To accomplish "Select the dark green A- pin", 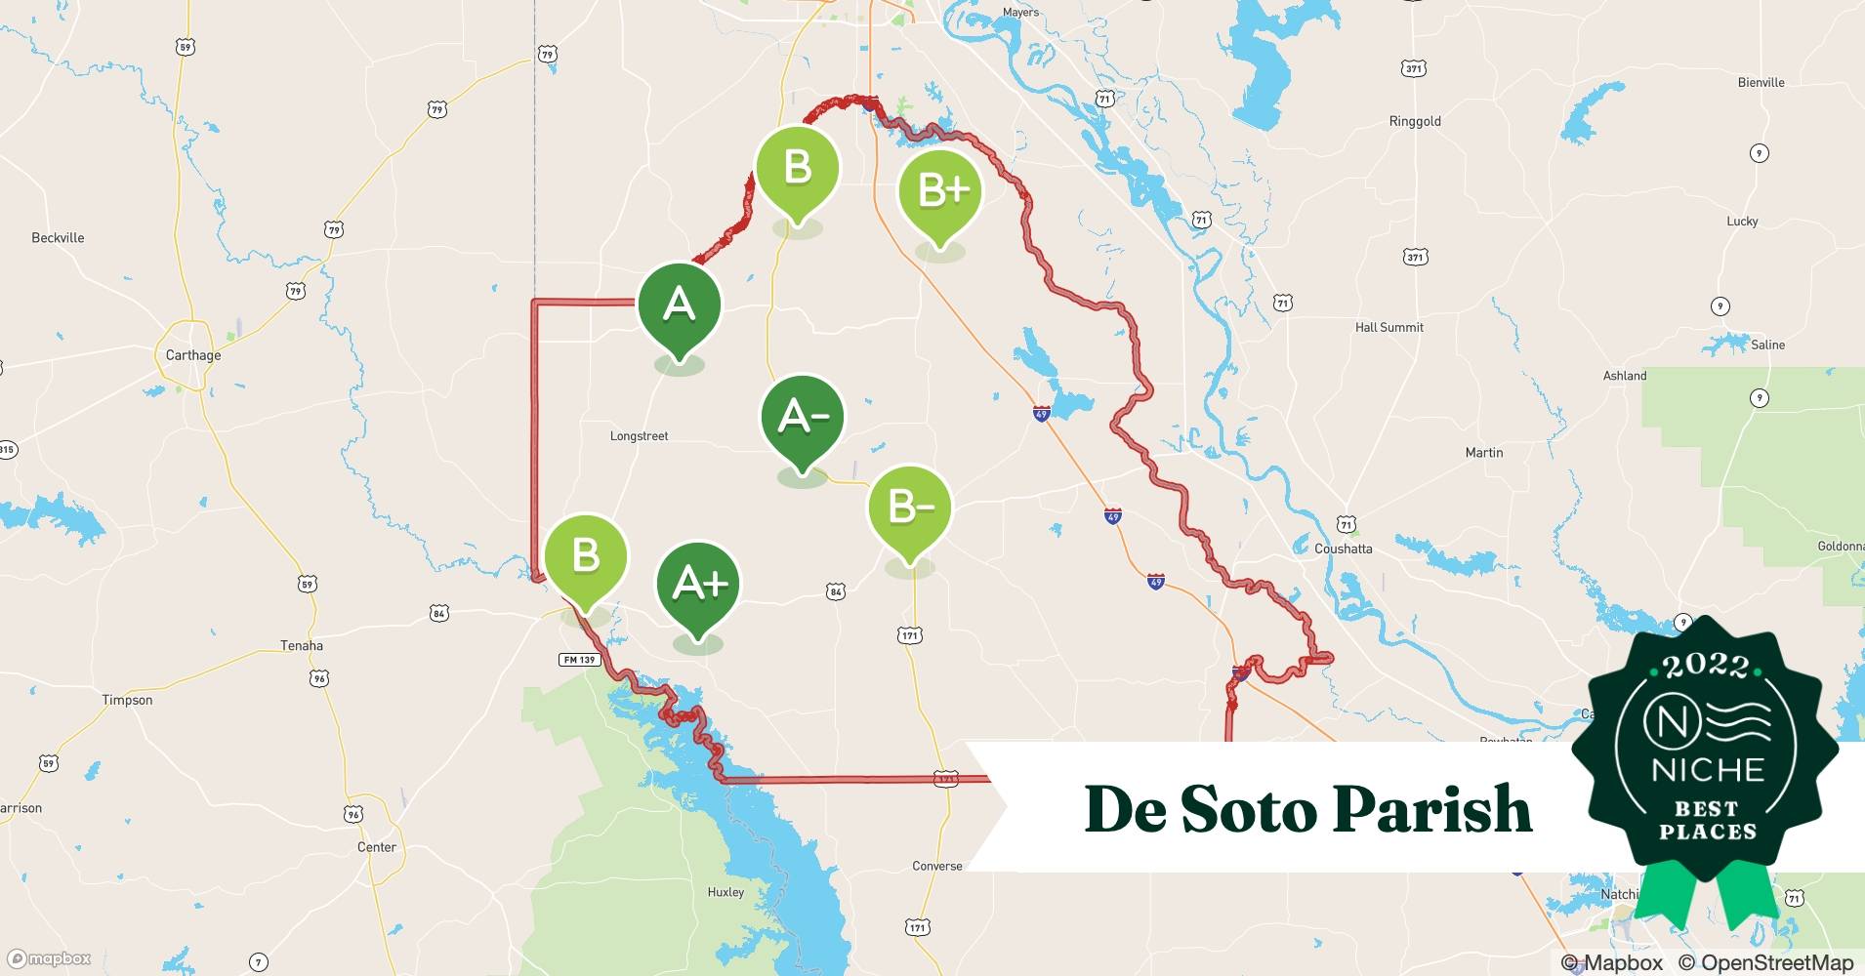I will (x=803, y=417).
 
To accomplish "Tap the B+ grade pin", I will (x=939, y=190).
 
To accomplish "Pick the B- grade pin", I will (x=910, y=508).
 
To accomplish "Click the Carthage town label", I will (x=193, y=355).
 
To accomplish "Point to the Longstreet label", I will (x=639, y=436).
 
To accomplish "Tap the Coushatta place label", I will (x=1343, y=549).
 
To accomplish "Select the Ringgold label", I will (x=1415, y=122).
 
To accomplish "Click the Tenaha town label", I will (x=301, y=645).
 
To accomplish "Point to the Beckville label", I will (x=58, y=238).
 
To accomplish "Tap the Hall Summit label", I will (x=1388, y=328).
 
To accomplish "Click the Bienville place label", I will (x=1761, y=83).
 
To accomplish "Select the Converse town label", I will (x=936, y=866).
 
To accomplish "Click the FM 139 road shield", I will (x=579, y=660).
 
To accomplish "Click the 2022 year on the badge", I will (x=1706, y=667).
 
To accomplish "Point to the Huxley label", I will (x=725, y=892).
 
